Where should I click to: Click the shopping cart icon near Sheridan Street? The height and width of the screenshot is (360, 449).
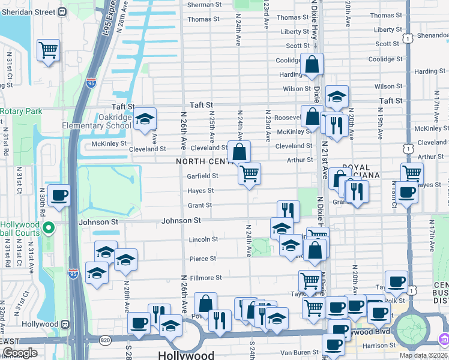(48, 50)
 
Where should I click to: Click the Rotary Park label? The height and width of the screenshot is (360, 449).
(21, 111)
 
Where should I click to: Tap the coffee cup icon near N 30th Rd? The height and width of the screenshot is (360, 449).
(59, 196)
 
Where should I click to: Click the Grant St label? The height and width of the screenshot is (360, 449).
(200, 205)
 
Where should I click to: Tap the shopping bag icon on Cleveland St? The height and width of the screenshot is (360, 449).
(239, 152)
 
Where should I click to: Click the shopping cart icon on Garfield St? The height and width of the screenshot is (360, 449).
(249, 174)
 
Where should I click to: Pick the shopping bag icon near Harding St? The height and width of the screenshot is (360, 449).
(312, 64)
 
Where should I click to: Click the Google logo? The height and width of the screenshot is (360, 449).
(20, 353)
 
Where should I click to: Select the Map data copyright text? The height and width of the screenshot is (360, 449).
(423, 355)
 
